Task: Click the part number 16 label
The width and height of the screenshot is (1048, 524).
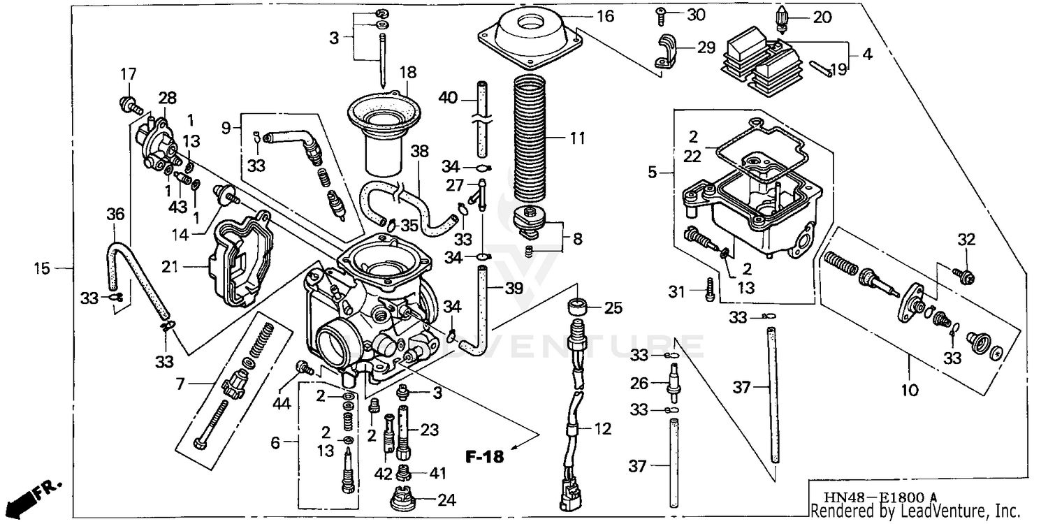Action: (x=605, y=15)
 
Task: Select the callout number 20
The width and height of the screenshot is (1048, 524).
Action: (x=822, y=17)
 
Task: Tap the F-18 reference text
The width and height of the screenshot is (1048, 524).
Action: (x=484, y=458)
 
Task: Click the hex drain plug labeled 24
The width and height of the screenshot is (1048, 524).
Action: (x=403, y=500)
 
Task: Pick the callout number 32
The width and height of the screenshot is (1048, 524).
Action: (x=966, y=240)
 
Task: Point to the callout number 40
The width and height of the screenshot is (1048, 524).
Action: (x=448, y=98)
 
